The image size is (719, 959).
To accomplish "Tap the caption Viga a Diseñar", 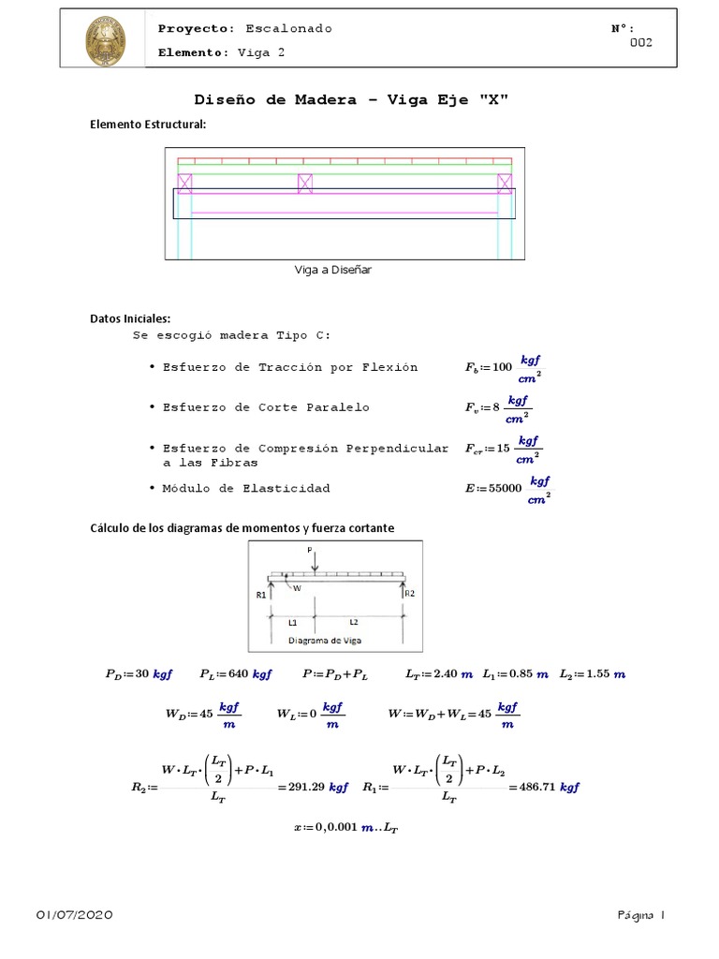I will click(x=333, y=270).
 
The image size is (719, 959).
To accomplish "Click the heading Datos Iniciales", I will click(x=130, y=318).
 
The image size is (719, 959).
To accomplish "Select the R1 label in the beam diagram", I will click(x=261, y=594).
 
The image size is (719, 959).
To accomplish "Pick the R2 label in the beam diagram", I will click(x=409, y=592).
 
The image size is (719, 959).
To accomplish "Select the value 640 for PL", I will click(x=239, y=674).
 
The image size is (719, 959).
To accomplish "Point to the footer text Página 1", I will click(x=640, y=915).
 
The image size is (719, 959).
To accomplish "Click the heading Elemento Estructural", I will click(x=147, y=125).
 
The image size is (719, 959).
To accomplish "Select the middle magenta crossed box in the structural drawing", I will click(x=304, y=184).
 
